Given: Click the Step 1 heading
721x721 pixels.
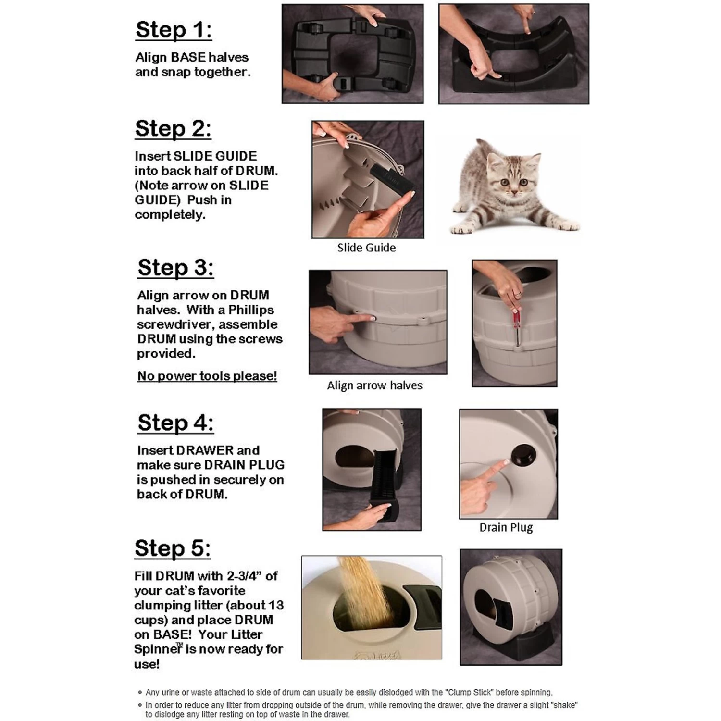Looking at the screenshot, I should [174, 30].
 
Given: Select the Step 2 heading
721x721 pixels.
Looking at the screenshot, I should [173, 129].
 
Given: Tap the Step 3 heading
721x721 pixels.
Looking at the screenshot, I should [175, 268].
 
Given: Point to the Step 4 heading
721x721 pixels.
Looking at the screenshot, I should [175, 423].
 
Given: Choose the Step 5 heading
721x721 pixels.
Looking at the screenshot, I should [173, 548].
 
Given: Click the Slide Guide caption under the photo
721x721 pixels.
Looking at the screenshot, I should [366, 248].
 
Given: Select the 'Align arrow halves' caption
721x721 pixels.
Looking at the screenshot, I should [374, 385].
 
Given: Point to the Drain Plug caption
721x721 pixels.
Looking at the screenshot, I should [506, 527].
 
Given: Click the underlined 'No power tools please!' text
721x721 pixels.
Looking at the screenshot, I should [207, 376].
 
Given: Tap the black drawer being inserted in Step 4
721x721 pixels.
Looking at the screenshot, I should [385, 481].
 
